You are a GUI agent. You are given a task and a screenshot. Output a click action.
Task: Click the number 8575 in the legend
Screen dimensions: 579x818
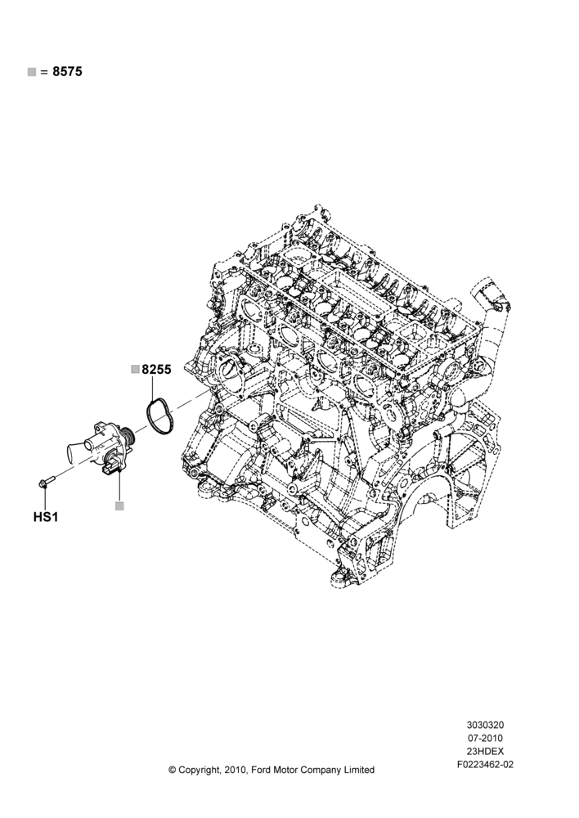[67, 71]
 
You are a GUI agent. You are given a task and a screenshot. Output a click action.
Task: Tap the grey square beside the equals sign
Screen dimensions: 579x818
[32, 72]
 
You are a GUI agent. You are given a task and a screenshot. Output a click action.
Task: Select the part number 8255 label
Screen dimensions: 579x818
[156, 370]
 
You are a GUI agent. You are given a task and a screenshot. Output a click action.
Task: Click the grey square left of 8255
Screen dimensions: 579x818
[135, 370]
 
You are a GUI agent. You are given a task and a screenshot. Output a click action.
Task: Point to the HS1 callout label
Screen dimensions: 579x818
[46, 517]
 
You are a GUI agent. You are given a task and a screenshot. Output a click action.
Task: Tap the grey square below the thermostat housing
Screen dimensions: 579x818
[120, 506]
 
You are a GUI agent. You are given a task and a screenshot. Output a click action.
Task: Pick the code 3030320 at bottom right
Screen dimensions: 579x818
[485, 725]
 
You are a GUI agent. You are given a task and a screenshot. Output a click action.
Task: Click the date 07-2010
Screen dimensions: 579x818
[485, 738]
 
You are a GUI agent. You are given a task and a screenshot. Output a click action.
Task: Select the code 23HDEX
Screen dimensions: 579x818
[485, 752]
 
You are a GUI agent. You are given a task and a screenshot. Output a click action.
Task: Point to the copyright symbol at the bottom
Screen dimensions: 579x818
[172, 770]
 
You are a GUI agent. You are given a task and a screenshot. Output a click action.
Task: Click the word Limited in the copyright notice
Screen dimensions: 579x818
[358, 770]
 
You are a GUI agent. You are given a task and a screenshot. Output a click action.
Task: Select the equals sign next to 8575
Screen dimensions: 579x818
[44, 72]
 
